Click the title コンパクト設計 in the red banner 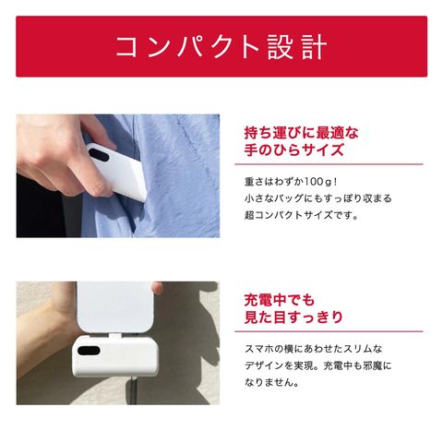point(221,47)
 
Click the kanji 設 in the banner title point(281,47)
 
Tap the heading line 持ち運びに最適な point(302,133)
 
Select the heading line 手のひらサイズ point(293,150)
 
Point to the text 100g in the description point(318,182)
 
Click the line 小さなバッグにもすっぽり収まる point(318,198)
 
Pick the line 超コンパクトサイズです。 point(302,215)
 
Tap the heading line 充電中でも point(280,300)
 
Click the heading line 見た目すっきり point(293,317)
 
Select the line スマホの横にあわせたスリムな point(314,349)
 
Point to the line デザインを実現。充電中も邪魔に point(318,365)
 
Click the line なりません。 point(271,382)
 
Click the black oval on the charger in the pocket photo point(99,155)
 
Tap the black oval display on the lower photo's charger point(89,351)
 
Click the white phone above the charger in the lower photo point(115,307)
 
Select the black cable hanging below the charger point(134,389)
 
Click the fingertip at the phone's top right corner point(158,287)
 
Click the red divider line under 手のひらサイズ point(329,164)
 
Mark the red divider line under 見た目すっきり point(329,331)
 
